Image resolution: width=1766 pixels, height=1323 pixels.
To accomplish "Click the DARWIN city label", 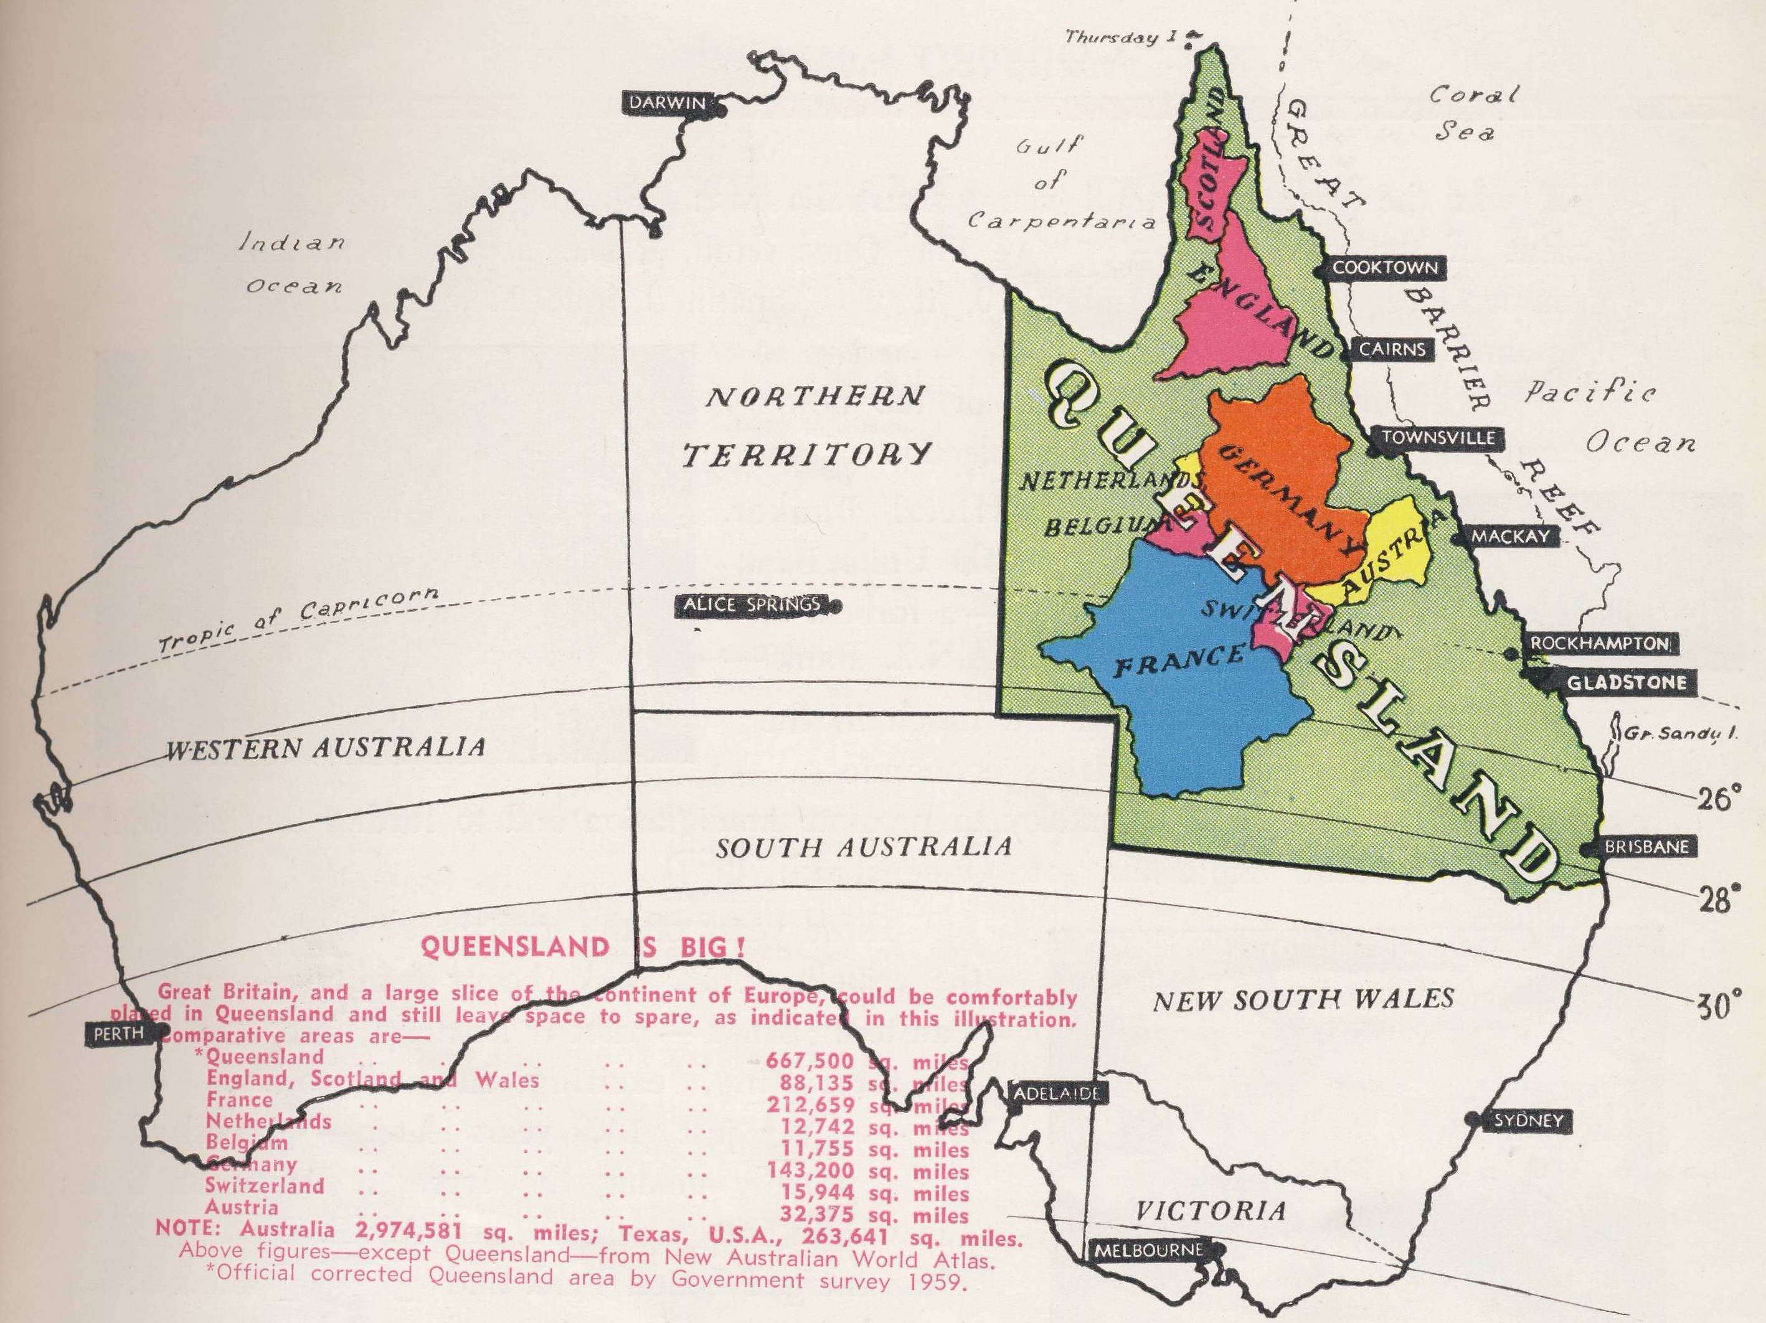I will coord(668,103).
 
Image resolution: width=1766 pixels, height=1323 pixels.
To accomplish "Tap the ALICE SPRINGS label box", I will coord(751,605).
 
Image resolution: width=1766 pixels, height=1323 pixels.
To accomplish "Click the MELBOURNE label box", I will coord(1147,1250).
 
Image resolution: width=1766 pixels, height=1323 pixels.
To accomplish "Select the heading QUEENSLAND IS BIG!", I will coord(583,947).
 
